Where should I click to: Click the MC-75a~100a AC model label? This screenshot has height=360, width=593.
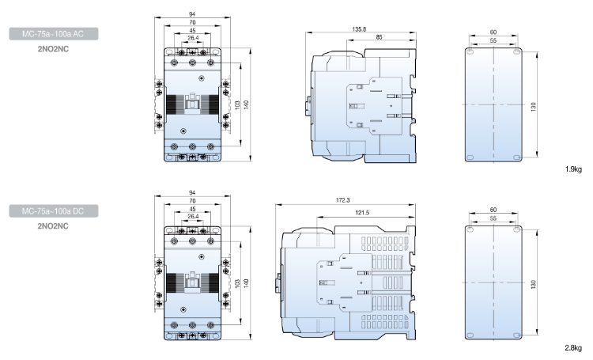click(56, 34)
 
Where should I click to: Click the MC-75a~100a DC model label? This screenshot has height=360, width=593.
click(56, 212)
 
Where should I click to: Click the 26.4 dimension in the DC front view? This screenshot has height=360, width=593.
click(193, 215)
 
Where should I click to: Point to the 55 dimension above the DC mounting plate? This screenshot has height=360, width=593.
click(493, 218)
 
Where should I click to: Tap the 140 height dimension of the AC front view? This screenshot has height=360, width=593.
click(247, 104)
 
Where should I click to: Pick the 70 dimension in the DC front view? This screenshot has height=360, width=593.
click(193, 201)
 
